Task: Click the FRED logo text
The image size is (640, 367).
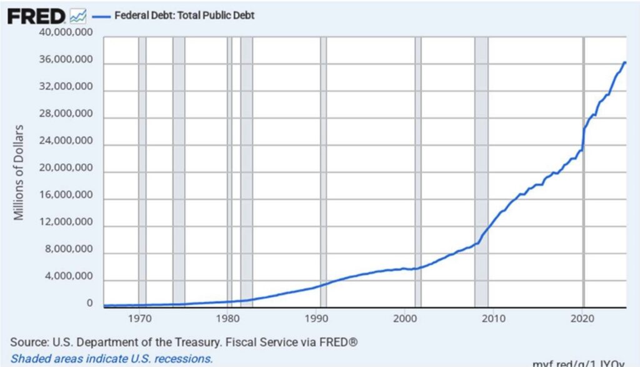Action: coord(37,15)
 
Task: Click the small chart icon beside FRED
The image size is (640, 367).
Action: coord(79,15)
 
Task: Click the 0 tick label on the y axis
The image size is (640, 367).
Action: coord(89,304)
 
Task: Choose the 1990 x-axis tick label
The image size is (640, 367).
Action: coord(317,318)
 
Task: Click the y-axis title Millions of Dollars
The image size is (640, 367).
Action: coord(19,173)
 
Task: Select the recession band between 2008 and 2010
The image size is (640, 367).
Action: coord(481,169)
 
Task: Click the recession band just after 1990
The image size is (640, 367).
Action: coord(323,169)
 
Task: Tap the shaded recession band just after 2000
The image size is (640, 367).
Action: coord(418,169)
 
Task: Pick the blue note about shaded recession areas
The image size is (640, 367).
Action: coord(111,359)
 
